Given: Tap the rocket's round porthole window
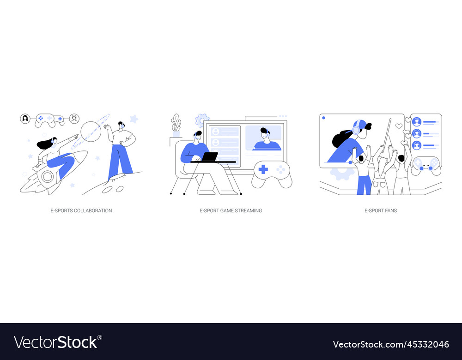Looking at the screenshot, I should click(48, 176).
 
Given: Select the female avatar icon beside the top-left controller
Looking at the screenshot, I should click(25, 119).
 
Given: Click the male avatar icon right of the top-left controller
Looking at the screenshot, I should click(74, 119).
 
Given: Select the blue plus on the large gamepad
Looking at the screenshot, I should click(263, 169).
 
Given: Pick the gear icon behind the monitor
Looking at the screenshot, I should click(201, 120).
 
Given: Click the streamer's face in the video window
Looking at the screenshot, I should click(265, 136).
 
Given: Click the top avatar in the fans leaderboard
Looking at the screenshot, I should click(417, 122).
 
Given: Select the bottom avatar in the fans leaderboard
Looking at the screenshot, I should click(417, 145).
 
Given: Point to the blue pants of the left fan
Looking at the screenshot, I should click(364, 185).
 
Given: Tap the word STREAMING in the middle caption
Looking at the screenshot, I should click(249, 210).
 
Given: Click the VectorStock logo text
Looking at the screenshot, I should click(55, 342).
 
